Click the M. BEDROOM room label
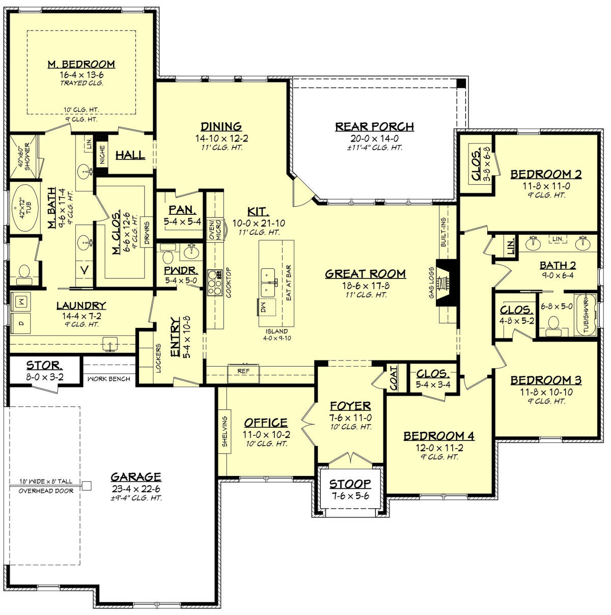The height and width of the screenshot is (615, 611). point(81,64)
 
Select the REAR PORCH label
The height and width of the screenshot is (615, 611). point(374,126)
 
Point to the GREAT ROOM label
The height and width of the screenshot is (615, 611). point(365,273)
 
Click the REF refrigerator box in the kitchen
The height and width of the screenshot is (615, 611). point(243,372)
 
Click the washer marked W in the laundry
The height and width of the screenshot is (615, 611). point(20,302)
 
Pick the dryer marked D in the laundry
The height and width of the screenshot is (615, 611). point(20,323)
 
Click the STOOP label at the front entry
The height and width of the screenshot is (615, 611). point(350,484)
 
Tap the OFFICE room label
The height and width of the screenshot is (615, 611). point(266,423)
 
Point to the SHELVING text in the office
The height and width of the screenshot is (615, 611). point(225,431)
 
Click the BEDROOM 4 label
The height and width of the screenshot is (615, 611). point(439,436)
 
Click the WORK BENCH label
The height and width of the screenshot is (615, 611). point(108,379)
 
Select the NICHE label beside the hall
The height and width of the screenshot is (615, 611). point(102,155)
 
